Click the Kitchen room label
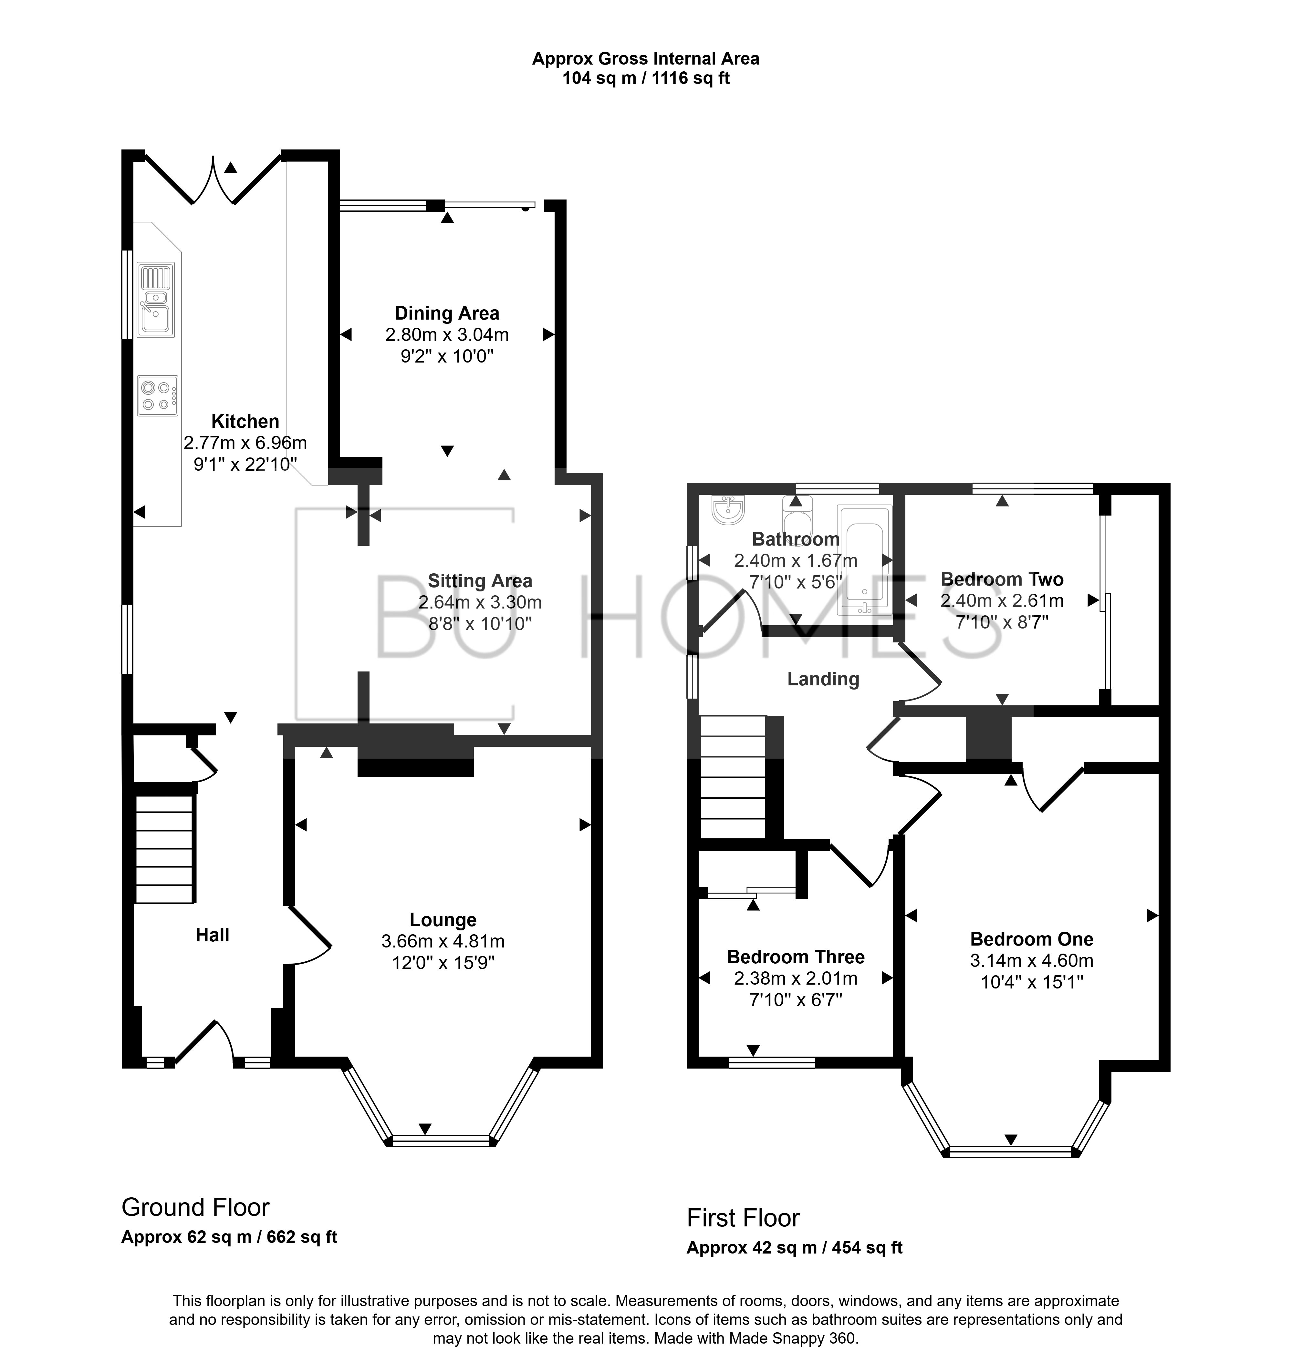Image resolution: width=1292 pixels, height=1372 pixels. [x=245, y=421]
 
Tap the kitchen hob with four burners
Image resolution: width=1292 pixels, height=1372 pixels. [x=157, y=395]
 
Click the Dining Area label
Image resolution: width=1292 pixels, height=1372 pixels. [x=447, y=313]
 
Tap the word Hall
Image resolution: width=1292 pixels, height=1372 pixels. [x=212, y=935]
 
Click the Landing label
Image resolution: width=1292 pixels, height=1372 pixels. [x=823, y=679]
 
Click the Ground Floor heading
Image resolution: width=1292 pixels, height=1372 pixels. [x=195, y=1207]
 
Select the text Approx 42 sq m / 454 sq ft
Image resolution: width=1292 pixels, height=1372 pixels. [x=794, y=1248]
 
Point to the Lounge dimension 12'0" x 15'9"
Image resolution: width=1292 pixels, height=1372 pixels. [x=443, y=962]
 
